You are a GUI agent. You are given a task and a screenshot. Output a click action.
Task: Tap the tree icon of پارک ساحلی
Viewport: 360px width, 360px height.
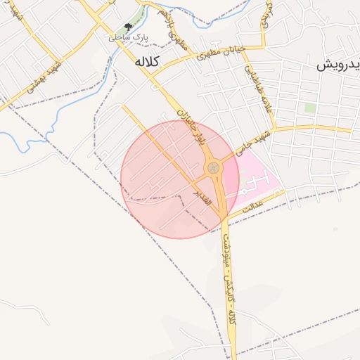[128, 27]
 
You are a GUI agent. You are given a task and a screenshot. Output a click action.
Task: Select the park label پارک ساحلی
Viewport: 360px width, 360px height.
[127, 37]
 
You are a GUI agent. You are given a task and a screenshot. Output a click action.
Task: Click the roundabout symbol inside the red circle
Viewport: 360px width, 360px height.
[212, 168]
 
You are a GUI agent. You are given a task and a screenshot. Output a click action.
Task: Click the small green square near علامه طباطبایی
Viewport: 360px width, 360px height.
[309, 108]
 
